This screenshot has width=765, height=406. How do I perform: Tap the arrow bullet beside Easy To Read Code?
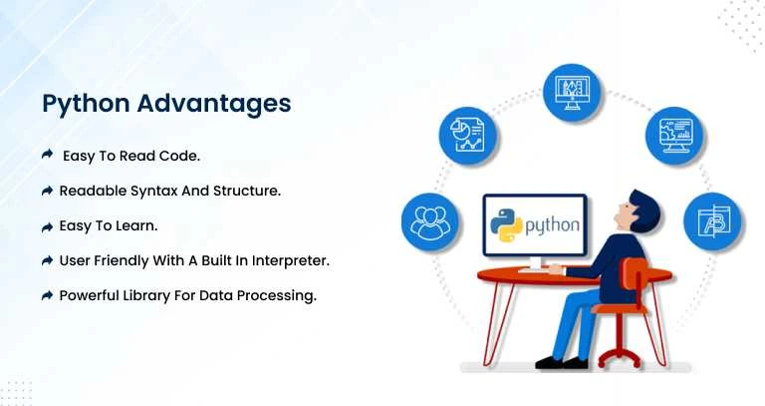click(47, 155)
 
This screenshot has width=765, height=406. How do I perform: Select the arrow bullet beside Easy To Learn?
click(47, 225)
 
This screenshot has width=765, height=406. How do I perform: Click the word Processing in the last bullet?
click(278, 295)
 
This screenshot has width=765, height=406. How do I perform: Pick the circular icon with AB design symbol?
click(710, 221)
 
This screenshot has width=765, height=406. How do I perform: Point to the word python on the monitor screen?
click(551, 224)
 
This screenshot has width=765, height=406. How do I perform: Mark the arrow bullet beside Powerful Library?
click(47, 296)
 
